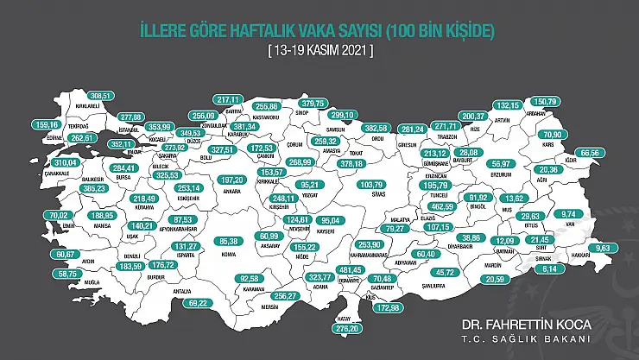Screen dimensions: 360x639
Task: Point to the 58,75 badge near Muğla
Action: coord(64,273)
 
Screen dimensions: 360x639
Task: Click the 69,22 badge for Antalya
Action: coord(199,303)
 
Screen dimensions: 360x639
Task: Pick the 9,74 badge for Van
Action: coord(592,213)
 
